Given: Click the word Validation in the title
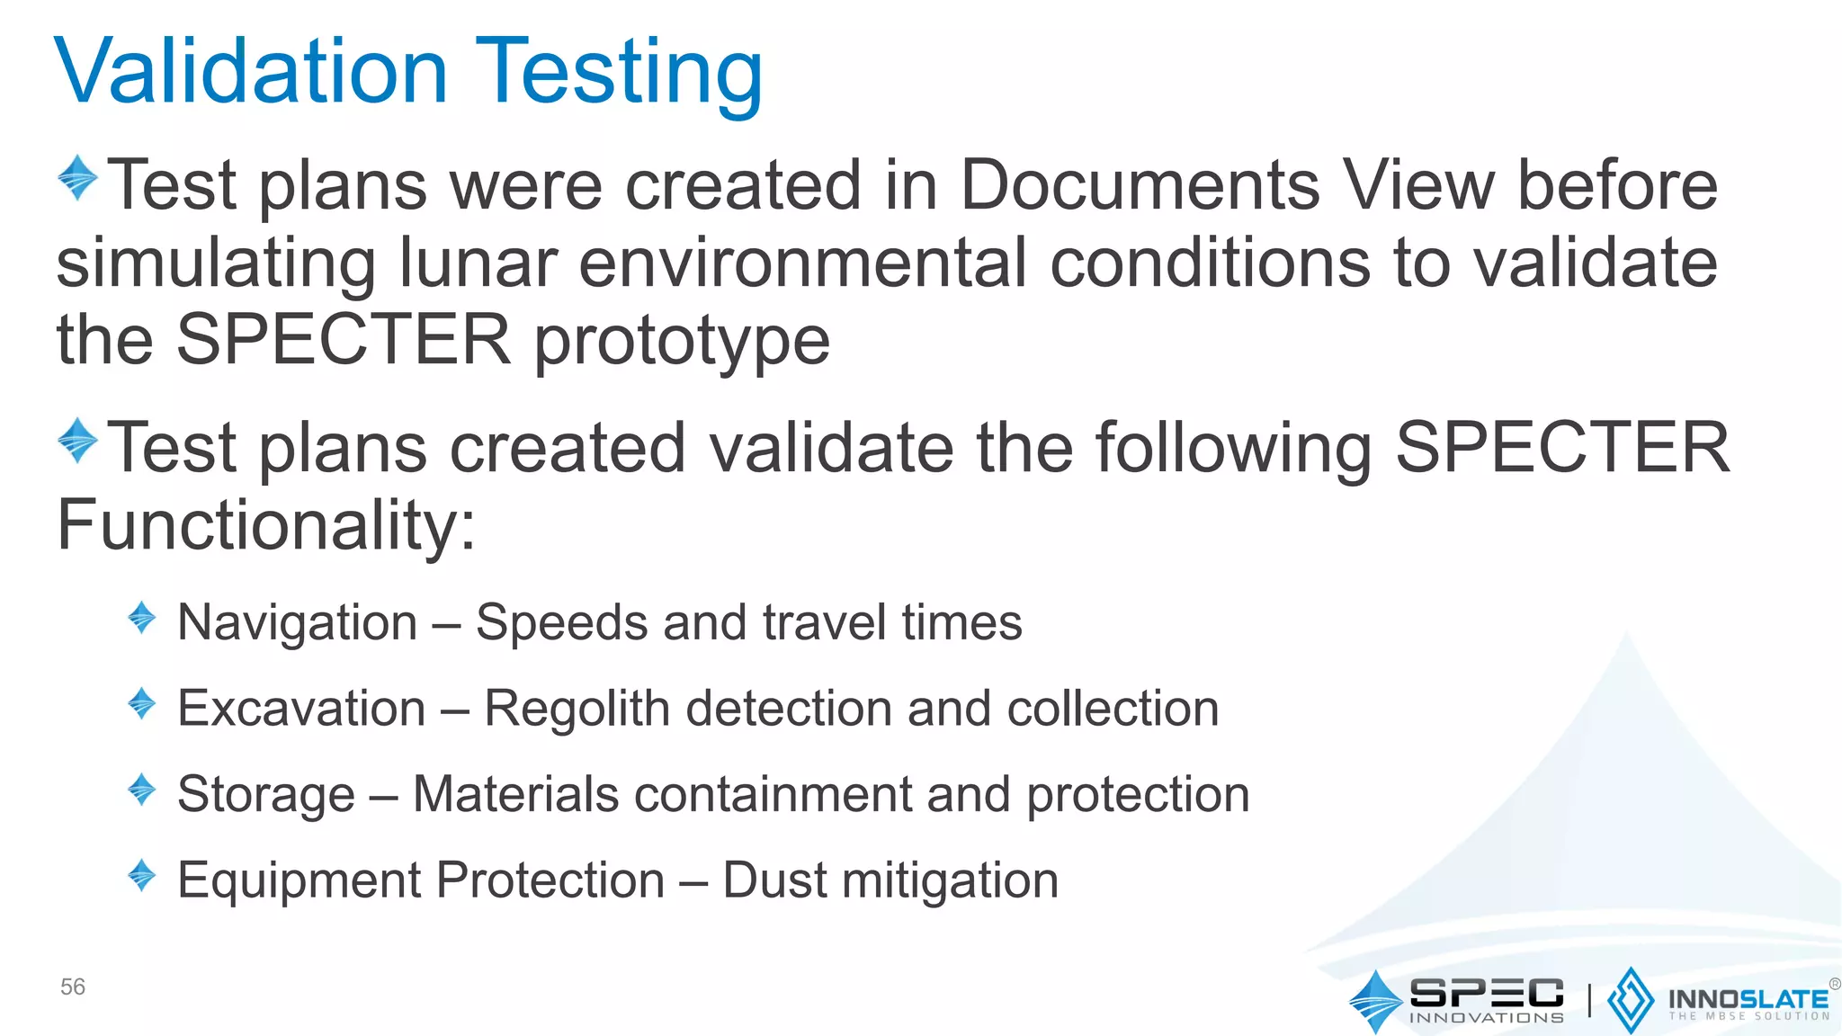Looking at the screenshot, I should click(x=251, y=72).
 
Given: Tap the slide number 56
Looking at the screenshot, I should click(x=73, y=987).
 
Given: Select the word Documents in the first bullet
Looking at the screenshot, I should click(x=1140, y=185).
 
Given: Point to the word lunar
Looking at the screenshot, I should click(x=478, y=263).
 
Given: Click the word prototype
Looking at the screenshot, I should click(x=682, y=343).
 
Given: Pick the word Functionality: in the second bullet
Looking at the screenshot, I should click(x=266, y=525).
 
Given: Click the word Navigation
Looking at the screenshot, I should click(x=298, y=622).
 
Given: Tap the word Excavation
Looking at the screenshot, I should click(x=301, y=708).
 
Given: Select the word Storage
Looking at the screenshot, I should click(x=266, y=795).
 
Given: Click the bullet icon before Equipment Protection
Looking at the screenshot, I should click(x=142, y=875).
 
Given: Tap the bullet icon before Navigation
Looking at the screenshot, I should click(x=142, y=618).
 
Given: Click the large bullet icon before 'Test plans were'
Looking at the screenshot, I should click(x=77, y=177).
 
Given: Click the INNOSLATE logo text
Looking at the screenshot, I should click(x=1748, y=999).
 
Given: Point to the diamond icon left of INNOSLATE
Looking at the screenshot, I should click(x=1630, y=1000).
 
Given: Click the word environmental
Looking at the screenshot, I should click(x=802, y=263).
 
